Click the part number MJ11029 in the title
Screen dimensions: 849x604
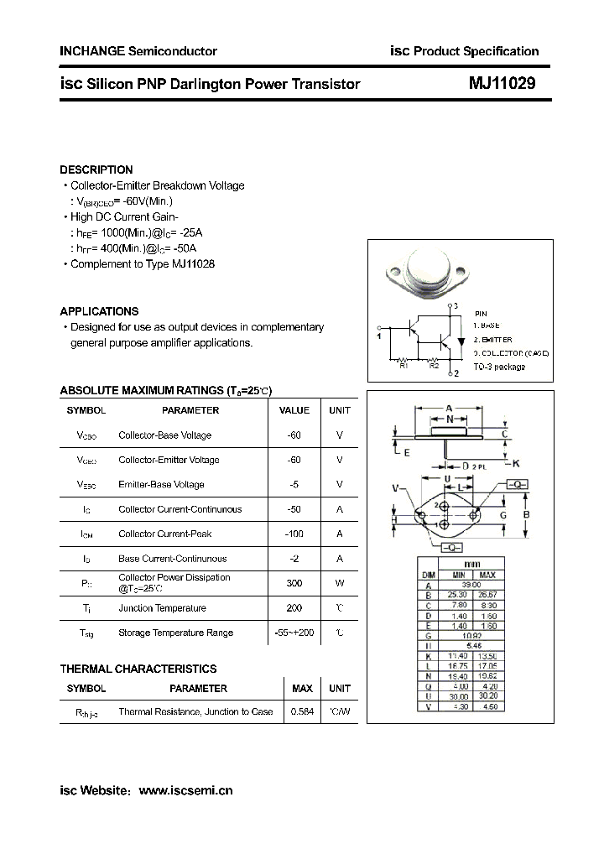coord(502,84)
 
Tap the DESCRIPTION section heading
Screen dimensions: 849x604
coord(96,169)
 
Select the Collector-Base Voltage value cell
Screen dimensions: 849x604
coord(294,435)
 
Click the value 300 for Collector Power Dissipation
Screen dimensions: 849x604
coord(294,583)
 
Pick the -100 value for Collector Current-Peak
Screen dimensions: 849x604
coord(294,534)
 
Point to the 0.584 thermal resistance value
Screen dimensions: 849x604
coord(302,712)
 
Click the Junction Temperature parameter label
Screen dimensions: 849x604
coord(162,608)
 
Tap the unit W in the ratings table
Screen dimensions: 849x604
coord(340,583)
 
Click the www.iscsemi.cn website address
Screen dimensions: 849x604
coord(185,790)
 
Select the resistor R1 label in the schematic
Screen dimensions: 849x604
coord(403,366)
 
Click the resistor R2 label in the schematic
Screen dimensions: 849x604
coord(434,366)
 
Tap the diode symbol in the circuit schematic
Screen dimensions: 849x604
coord(460,328)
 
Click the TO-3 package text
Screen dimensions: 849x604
coord(499,367)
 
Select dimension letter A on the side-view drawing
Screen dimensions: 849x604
coord(450,409)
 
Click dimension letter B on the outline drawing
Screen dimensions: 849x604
coord(527,514)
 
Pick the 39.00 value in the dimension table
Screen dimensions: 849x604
coord(471,585)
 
